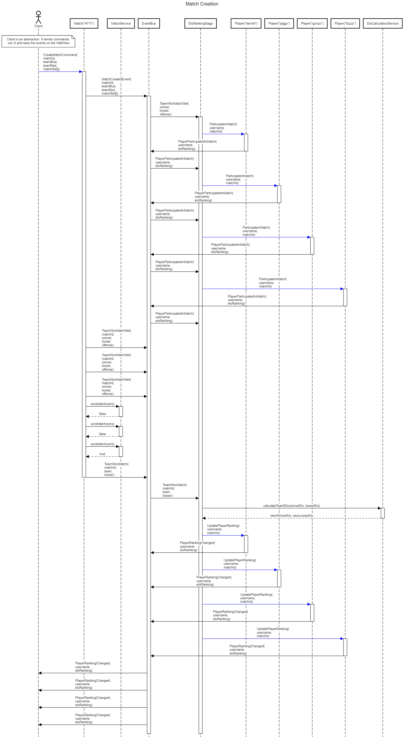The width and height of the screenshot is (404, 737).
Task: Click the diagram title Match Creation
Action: coord(202,4)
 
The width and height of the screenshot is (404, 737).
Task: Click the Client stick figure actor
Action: coord(38,18)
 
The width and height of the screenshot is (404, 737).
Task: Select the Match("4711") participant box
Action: coord(84,23)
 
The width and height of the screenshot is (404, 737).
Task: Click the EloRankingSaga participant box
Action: coord(200,23)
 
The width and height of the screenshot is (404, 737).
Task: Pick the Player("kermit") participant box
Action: coord(246,23)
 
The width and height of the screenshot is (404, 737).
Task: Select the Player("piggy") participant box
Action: coord(279,23)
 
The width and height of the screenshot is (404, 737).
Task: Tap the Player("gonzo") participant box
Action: coord(312,23)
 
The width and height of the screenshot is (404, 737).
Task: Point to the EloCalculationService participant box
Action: coord(383,23)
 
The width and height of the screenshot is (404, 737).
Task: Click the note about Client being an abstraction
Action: coord(38,41)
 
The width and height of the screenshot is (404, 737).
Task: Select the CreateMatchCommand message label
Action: coord(60,62)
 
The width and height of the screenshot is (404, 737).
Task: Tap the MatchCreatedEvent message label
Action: coord(116,86)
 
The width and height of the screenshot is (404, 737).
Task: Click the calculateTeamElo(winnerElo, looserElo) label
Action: coord(291,506)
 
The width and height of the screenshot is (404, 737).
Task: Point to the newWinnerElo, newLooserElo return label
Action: coord(291,516)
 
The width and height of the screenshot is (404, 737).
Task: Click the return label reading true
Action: coord(102,454)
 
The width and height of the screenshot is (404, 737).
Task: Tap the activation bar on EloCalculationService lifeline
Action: coord(383,513)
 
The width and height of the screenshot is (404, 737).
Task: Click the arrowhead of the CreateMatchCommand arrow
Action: coord(81,72)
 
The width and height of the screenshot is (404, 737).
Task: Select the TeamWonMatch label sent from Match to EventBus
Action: coord(116,469)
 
